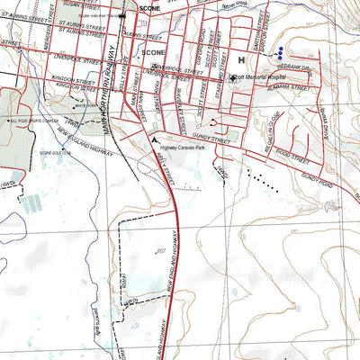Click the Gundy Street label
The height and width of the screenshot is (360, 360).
(x=213, y=141)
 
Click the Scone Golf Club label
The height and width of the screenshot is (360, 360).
(x=54, y=153)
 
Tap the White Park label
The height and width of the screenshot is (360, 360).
(x=86, y=104)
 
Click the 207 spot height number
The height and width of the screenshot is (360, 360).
(x=161, y=249)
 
